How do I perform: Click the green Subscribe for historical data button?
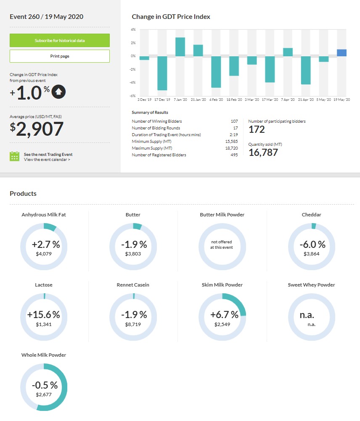point(60,40)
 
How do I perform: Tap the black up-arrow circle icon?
point(58,92)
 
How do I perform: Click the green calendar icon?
point(15,157)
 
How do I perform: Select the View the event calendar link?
point(47,160)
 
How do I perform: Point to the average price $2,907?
point(37,129)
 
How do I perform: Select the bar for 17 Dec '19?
point(162,73)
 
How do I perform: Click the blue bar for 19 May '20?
point(341,53)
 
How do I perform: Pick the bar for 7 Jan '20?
point(180,47)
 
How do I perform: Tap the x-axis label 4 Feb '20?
point(216,100)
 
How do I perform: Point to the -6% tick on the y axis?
point(133,96)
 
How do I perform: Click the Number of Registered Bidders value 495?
point(234,155)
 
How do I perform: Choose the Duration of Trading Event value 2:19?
point(234,135)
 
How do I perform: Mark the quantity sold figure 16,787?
point(263,153)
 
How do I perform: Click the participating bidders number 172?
point(257,129)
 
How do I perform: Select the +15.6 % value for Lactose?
point(44,315)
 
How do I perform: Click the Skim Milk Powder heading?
point(222,285)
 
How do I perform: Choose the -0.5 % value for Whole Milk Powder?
point(44,385)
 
